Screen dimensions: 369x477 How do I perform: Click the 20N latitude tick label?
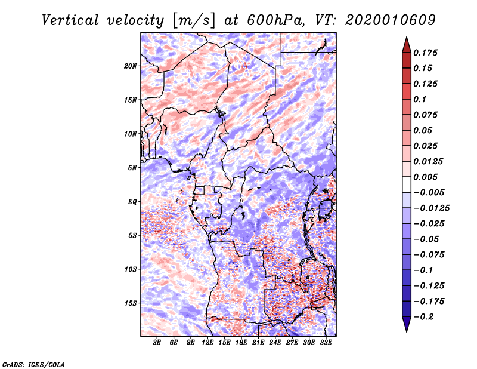click(131, 66)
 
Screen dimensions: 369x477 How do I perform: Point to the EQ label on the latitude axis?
click(132, 202)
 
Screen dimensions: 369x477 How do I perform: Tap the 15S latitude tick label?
click(131, 303)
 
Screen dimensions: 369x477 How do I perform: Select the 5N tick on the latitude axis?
click(132, 168)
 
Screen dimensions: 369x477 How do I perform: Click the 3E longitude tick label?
click(157, 343)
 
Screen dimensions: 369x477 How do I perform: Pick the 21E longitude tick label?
click(258, 343)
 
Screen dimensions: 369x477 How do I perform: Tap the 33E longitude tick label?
click(326, 343)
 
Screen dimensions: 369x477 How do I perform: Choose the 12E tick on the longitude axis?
click(207, 343)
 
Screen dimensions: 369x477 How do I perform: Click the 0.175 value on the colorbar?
click(426, 53)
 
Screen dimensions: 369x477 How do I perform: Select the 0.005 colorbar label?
click(426, 177)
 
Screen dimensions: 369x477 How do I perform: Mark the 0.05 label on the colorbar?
click(424, 130)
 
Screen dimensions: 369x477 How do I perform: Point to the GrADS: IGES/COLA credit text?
click(33, 364)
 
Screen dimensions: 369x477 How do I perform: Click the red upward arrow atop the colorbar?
click(405, 45)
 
